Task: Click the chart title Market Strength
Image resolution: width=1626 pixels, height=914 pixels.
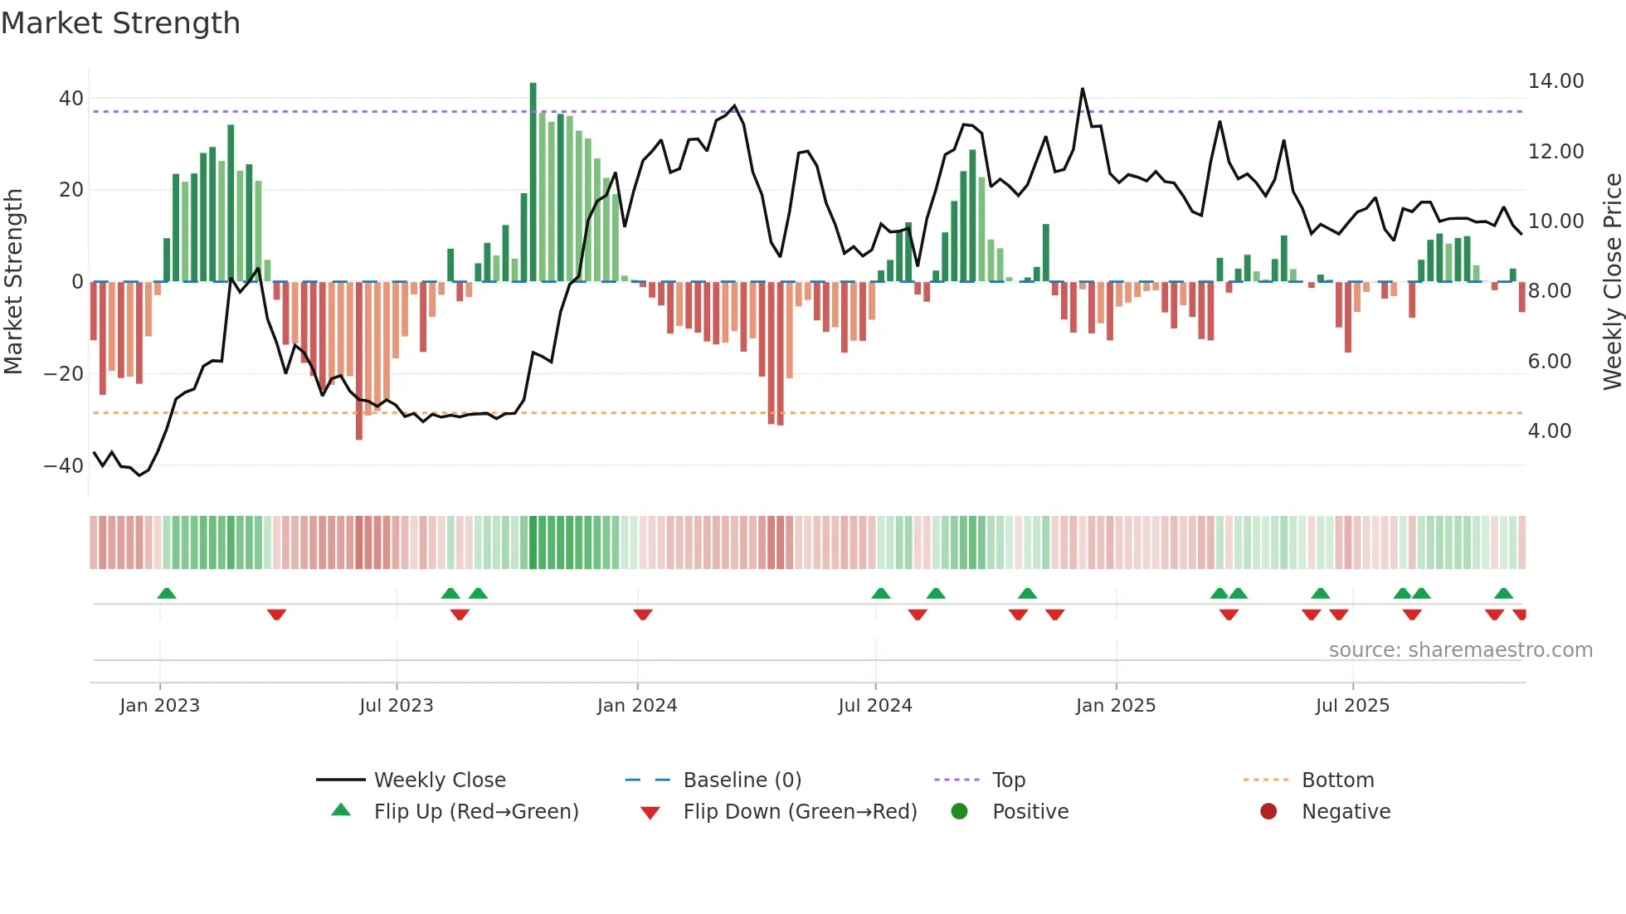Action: (120, 23)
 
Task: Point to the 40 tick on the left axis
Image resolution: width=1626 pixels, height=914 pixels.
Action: (71, 99)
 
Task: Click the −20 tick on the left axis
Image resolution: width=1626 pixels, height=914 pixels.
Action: (63, 374)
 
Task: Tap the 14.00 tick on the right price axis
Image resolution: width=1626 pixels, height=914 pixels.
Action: (1555, 81)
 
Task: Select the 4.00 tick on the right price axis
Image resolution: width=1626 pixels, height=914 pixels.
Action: (1549, 431)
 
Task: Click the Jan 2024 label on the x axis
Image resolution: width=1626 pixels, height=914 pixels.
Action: (636, 706)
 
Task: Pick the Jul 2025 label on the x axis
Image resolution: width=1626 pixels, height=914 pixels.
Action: (1351, 706)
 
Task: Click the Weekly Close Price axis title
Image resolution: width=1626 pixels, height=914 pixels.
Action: (1612, 282)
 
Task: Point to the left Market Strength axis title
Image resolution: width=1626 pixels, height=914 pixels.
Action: (13, 282)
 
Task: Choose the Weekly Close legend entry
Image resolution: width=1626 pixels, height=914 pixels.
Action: (439, 780)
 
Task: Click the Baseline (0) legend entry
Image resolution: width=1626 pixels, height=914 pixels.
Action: (742, 780)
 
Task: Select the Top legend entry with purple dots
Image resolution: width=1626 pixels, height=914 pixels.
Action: (1008, 780)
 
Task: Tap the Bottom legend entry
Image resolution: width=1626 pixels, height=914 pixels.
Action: (1337, 780)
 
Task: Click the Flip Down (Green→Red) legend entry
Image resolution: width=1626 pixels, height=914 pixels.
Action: (799, 812)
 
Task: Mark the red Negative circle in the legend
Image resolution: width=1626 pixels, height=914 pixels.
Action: (1268, 812)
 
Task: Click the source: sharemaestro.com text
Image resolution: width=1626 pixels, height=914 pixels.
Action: (1460, 650)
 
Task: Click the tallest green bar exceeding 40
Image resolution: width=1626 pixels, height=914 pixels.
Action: (533, 182)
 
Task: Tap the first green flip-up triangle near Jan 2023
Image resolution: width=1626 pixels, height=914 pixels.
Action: (167, 594)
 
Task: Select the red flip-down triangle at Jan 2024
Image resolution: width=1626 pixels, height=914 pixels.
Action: (642, 615)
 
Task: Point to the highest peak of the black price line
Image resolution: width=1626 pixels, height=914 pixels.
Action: (1082, 90)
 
